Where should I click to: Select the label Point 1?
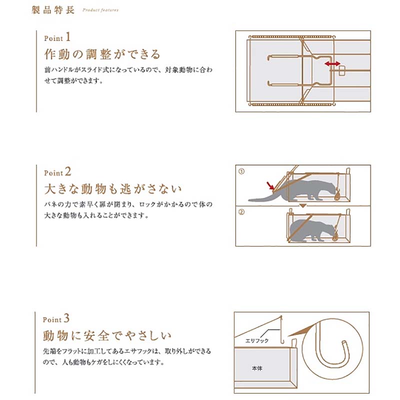(x=58, y=38)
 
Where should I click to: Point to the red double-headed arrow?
(x=331, y=64)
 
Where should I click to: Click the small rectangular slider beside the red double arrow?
(x=342, y=70)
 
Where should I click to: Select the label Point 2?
(x=58, y=172)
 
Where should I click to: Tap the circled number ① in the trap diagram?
(x=241, y=171)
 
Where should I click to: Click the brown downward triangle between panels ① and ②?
(x=302, y=205)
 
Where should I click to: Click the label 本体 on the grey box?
(x=257, y=368)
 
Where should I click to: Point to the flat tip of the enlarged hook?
(x=346, y=344)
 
